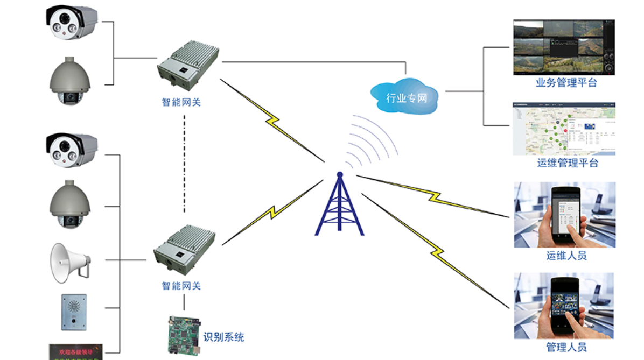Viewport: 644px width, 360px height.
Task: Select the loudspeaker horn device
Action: click(x=69, y=262)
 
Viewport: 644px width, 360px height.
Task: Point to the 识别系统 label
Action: click(x=223, y=337)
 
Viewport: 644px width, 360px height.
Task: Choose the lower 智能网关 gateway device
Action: click(x=184, y=250)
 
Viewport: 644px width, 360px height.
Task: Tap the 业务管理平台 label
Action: click(x=566, y=83)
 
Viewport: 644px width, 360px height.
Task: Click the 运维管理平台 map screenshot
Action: click(x=564, y=129)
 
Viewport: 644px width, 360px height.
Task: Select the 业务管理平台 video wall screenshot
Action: click(x=564, y=47)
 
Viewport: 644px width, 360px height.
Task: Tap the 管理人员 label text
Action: click(x=566, y=347)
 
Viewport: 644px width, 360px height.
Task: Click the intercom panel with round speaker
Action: click(x=74, y=312)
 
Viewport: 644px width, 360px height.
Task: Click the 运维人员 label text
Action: click(x=566, y=256)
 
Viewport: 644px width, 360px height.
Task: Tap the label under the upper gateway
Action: click(x=181, y=101)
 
